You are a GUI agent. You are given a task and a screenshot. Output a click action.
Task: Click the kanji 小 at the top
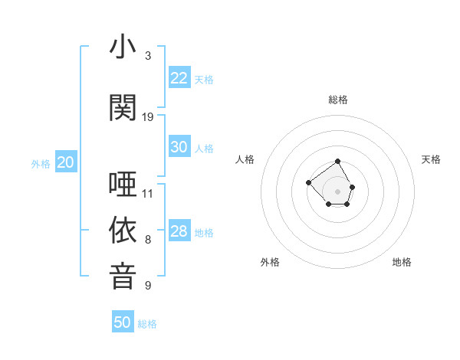point(123,47)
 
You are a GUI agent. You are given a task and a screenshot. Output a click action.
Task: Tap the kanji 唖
point(123,185)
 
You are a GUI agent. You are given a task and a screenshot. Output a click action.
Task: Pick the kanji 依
point(123,231)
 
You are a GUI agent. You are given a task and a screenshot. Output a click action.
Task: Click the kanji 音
point(123,276)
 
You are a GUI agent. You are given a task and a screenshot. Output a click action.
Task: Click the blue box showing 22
point(179,78)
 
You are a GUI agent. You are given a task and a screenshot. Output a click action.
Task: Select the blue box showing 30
point(179,147)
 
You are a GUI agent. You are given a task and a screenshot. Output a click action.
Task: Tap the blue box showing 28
point(179,231)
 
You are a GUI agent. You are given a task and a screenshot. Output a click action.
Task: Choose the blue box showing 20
point(66,162)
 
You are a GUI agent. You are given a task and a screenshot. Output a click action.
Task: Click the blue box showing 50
point(123,322)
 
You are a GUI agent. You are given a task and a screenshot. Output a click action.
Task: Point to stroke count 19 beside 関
point(148,117)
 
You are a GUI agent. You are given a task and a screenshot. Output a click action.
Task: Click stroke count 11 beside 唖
point(148,193)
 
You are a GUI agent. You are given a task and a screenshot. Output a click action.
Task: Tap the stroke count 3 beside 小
point(148,56)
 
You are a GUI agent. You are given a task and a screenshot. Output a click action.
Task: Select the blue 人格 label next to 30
point(204,148)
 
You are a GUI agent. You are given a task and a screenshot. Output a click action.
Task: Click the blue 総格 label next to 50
point(147,324)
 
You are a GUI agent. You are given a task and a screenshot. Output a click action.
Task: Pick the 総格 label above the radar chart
point(338,100)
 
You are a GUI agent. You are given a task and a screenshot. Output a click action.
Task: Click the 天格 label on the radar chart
point(432,159)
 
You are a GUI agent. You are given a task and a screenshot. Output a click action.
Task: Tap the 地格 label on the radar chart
point(402,262)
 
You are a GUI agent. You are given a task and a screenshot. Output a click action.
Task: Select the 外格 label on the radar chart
point(270,262)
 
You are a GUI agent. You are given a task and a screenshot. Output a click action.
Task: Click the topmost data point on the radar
point(338,162)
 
